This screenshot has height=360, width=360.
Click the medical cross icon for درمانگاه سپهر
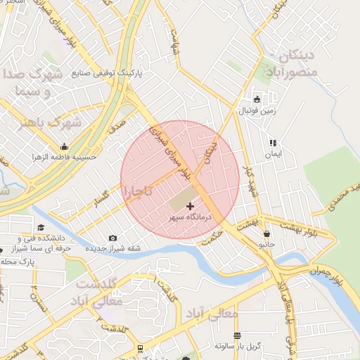[x=190, y=206]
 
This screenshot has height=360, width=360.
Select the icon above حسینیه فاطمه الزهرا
[x=64, y=146]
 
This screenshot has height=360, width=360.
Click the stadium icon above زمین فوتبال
[x=257, y=99]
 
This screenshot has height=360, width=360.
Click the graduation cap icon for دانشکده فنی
[x=41, y=228]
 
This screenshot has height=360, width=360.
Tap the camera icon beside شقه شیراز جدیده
[x=113, y=238]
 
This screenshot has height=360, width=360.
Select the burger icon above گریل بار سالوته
[x=237, y=335]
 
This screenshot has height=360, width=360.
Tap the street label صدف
[x=117, y=125]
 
